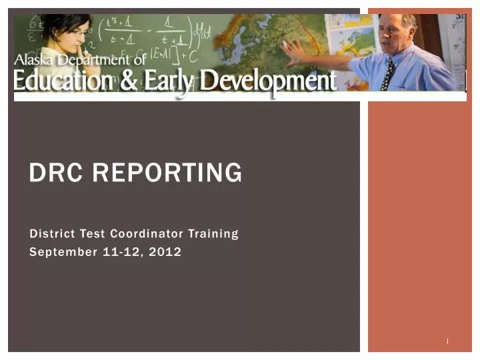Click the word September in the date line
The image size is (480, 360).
pyautogui.click(x=60, y=251)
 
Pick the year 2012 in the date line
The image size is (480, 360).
pyautogui.click(x=166, y=251)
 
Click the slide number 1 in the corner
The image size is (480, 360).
pyautogui.click(x=447, y=341)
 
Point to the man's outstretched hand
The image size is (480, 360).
pyautogui.click(x=291, y=49)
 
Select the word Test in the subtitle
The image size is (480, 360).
pyautogui.click(x=95, y=233)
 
